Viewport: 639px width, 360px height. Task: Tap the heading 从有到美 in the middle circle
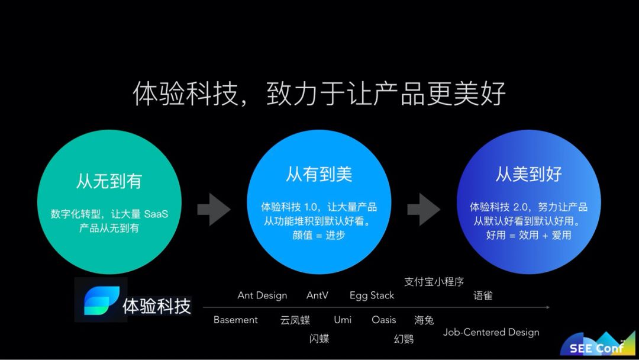click(319, 174)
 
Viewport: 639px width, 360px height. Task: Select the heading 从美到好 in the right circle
click(528, 174)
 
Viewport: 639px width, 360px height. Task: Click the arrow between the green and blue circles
click(214, 209)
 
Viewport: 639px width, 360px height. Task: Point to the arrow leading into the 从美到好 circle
click(424, 209)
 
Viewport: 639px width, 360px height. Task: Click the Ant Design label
click(262, 295)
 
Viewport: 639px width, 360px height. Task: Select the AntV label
click(317, 295)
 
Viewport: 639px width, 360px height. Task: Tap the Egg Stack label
click(372, 295)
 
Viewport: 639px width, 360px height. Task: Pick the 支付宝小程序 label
click(434, 282)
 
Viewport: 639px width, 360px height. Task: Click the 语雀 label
click(483, 295)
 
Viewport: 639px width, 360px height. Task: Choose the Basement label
click(235, 320)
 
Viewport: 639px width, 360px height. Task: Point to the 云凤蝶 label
click(295, 320)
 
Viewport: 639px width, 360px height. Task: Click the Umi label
click(343, 320)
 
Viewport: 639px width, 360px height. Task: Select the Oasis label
click(384, 320)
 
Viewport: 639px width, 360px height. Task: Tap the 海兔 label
click(424, 320)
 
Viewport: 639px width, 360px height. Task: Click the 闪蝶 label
click(319, 339)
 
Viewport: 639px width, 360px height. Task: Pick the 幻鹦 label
click(404, 339)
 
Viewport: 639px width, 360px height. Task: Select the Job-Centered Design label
click(491, 332)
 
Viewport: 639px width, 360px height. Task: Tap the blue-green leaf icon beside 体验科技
click(101, 301)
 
